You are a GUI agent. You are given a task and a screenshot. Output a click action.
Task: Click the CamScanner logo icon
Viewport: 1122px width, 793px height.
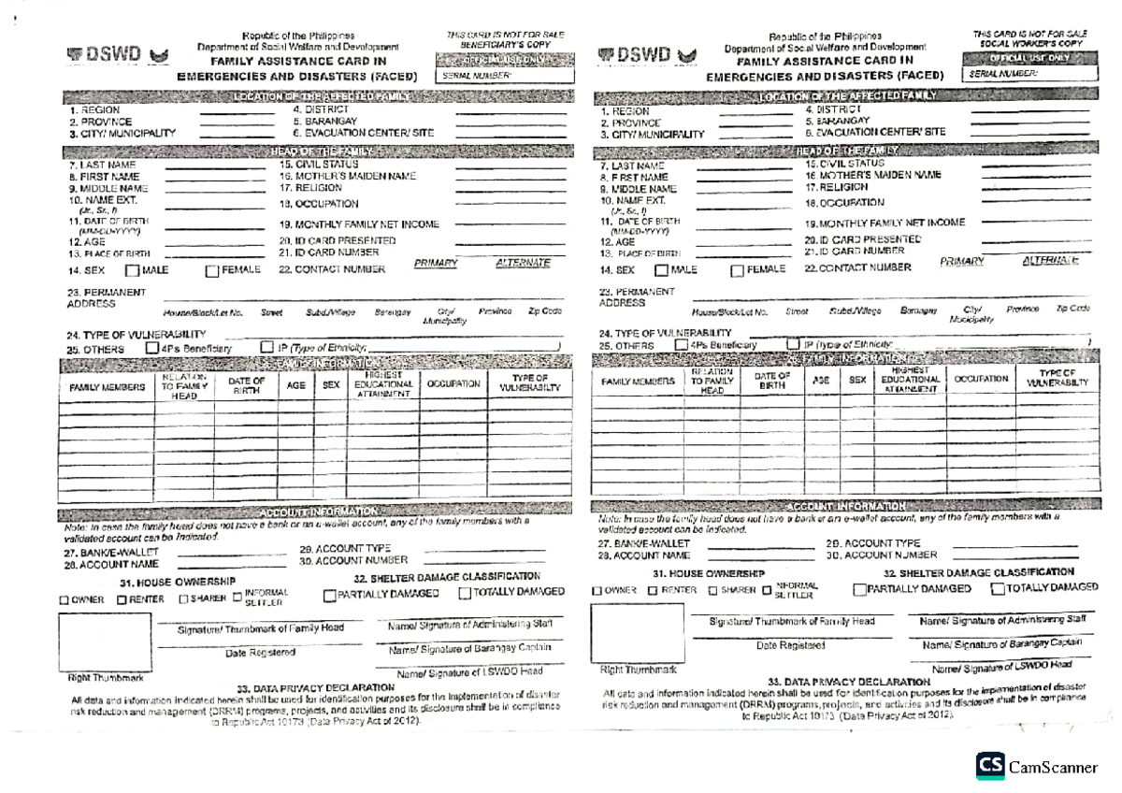pos(990,766)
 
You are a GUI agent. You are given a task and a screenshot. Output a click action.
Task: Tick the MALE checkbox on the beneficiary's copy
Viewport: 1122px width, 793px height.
pos(131,271)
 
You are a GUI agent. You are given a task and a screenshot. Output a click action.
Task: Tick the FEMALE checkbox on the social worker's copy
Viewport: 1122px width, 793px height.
pos(737,270)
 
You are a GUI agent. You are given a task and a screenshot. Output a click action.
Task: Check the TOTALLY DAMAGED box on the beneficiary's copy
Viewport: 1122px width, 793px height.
pos(465,593)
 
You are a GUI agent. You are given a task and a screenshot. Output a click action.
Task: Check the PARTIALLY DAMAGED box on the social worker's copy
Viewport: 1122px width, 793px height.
pos(859,589)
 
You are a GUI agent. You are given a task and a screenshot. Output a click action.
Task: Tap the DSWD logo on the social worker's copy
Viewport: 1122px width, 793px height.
pos(646,56)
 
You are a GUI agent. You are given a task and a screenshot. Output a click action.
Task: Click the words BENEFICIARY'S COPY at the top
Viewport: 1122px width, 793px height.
pos(505,44)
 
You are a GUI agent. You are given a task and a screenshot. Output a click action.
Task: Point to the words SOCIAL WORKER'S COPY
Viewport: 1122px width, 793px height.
pos(1031,43)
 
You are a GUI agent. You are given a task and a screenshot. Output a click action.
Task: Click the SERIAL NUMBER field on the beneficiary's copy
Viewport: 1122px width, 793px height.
pos(505,75)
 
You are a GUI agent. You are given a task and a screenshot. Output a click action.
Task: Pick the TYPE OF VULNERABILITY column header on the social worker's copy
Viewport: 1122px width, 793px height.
pos(1057,379)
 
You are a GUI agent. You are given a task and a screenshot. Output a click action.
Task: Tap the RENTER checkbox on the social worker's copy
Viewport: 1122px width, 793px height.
pos(654,591)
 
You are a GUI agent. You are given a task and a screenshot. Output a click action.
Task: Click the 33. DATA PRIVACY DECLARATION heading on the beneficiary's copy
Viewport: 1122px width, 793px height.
pos(316,688)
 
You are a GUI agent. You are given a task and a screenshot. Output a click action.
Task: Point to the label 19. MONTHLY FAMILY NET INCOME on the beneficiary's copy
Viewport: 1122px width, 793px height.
pos(359,224)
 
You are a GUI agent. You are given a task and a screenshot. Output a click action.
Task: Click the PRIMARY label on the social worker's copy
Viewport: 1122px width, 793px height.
pos(962,262)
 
